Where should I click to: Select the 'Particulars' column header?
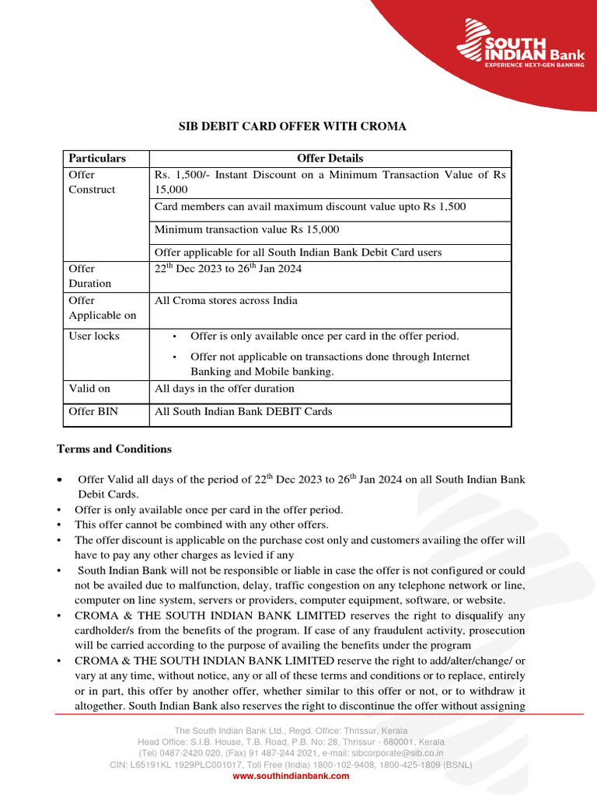point(97,159)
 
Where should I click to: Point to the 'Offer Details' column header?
point(330,159)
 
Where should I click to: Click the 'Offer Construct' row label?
point(92,183)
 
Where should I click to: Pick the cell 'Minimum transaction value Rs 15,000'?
point(246,230)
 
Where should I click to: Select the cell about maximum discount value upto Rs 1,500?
point(310,207)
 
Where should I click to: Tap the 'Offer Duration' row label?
point(90,276)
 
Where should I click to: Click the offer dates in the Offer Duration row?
point(228,269)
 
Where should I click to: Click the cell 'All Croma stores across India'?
point(225,301)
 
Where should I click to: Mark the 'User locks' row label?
point(94,337)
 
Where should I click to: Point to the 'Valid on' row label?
point(89,389)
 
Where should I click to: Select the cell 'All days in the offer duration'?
point(224,389)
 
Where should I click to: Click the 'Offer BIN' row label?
point(93,412)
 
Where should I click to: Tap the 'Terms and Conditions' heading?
point(114,449)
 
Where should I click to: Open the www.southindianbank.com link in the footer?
point(291,776)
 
